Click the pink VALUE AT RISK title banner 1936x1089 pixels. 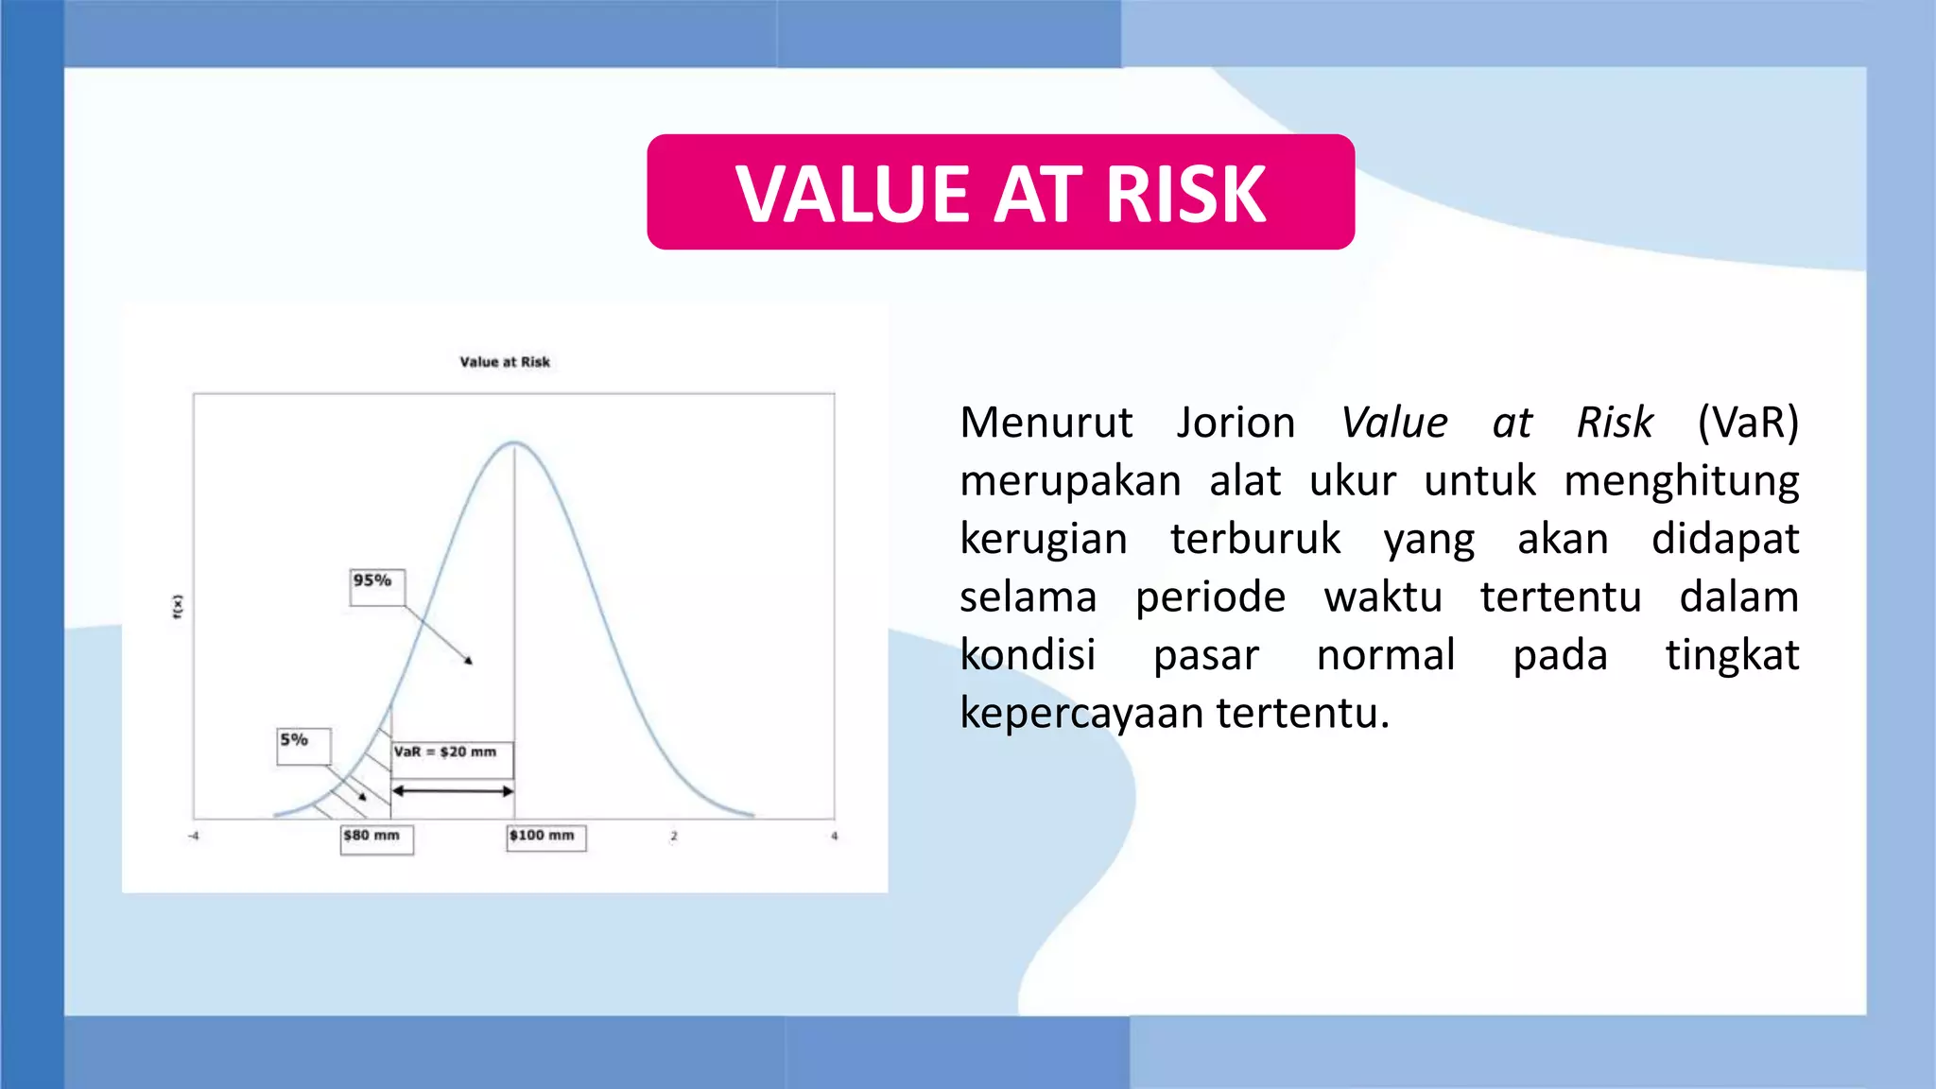coord(1000,192)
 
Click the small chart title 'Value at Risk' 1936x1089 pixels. coord(505,362)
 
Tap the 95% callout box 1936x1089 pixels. coord(376,586)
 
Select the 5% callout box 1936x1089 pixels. coord(303,745)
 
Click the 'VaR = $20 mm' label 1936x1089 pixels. coord(446,752)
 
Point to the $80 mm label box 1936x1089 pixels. coord(376,838)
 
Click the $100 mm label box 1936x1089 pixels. coord(545,838)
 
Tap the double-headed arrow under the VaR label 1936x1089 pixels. coord(453,790)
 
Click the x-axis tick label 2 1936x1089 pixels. coord(674,837)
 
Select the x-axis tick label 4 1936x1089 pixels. coord(834,837)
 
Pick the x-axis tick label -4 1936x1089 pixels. coord(194,837)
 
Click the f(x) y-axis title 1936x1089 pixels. coord(178,607)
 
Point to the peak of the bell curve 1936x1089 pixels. coord(513,442)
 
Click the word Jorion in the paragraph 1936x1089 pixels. coord(1236,423)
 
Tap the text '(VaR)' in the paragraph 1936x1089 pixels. coord(1748,423)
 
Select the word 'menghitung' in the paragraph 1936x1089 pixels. coord(1682,481)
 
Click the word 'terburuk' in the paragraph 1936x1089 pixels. coord(1255,539)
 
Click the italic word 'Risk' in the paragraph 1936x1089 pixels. coord(1615,423)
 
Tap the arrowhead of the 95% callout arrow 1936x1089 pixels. coord(469,661)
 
